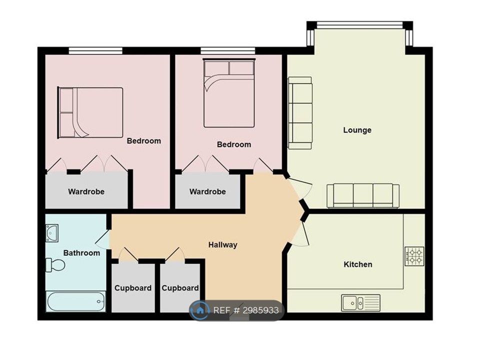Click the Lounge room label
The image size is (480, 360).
357,130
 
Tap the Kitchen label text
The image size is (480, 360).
358,264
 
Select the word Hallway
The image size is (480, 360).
223,245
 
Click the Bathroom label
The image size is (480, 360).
81,253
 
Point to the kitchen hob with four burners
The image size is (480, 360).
414,256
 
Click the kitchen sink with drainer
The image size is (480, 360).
361,303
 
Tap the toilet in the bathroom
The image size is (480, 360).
55,265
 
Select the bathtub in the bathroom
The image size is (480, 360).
76,301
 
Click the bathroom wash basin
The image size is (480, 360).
52,233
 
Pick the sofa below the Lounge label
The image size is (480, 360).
363,195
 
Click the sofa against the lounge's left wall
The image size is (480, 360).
300,113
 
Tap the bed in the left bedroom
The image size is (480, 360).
90,112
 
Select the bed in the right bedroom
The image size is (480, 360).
229,93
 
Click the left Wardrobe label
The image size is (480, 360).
86,191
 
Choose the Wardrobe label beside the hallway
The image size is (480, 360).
207,191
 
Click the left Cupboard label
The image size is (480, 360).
133,288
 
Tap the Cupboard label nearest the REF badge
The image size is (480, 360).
180,288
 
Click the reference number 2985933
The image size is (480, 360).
261,310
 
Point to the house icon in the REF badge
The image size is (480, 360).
200,310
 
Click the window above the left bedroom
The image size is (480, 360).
95,50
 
